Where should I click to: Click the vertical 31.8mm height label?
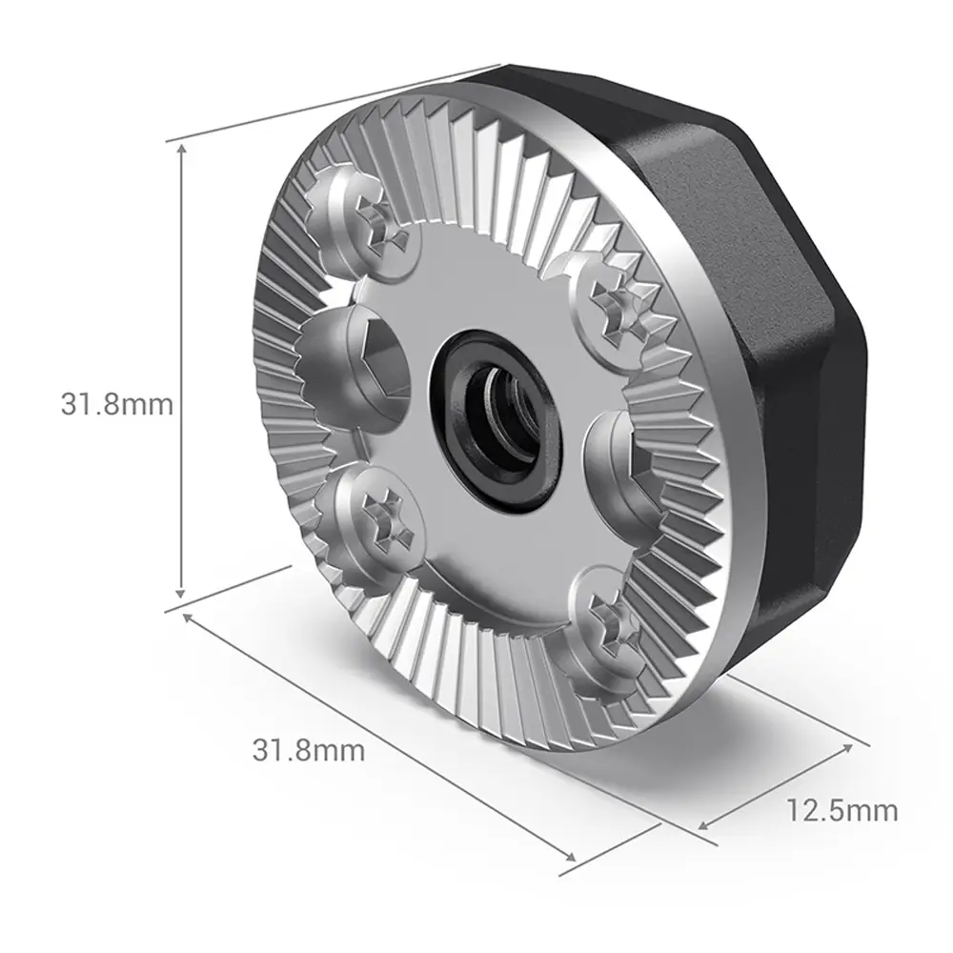[116, 404]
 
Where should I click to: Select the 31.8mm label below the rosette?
[309, 750]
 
